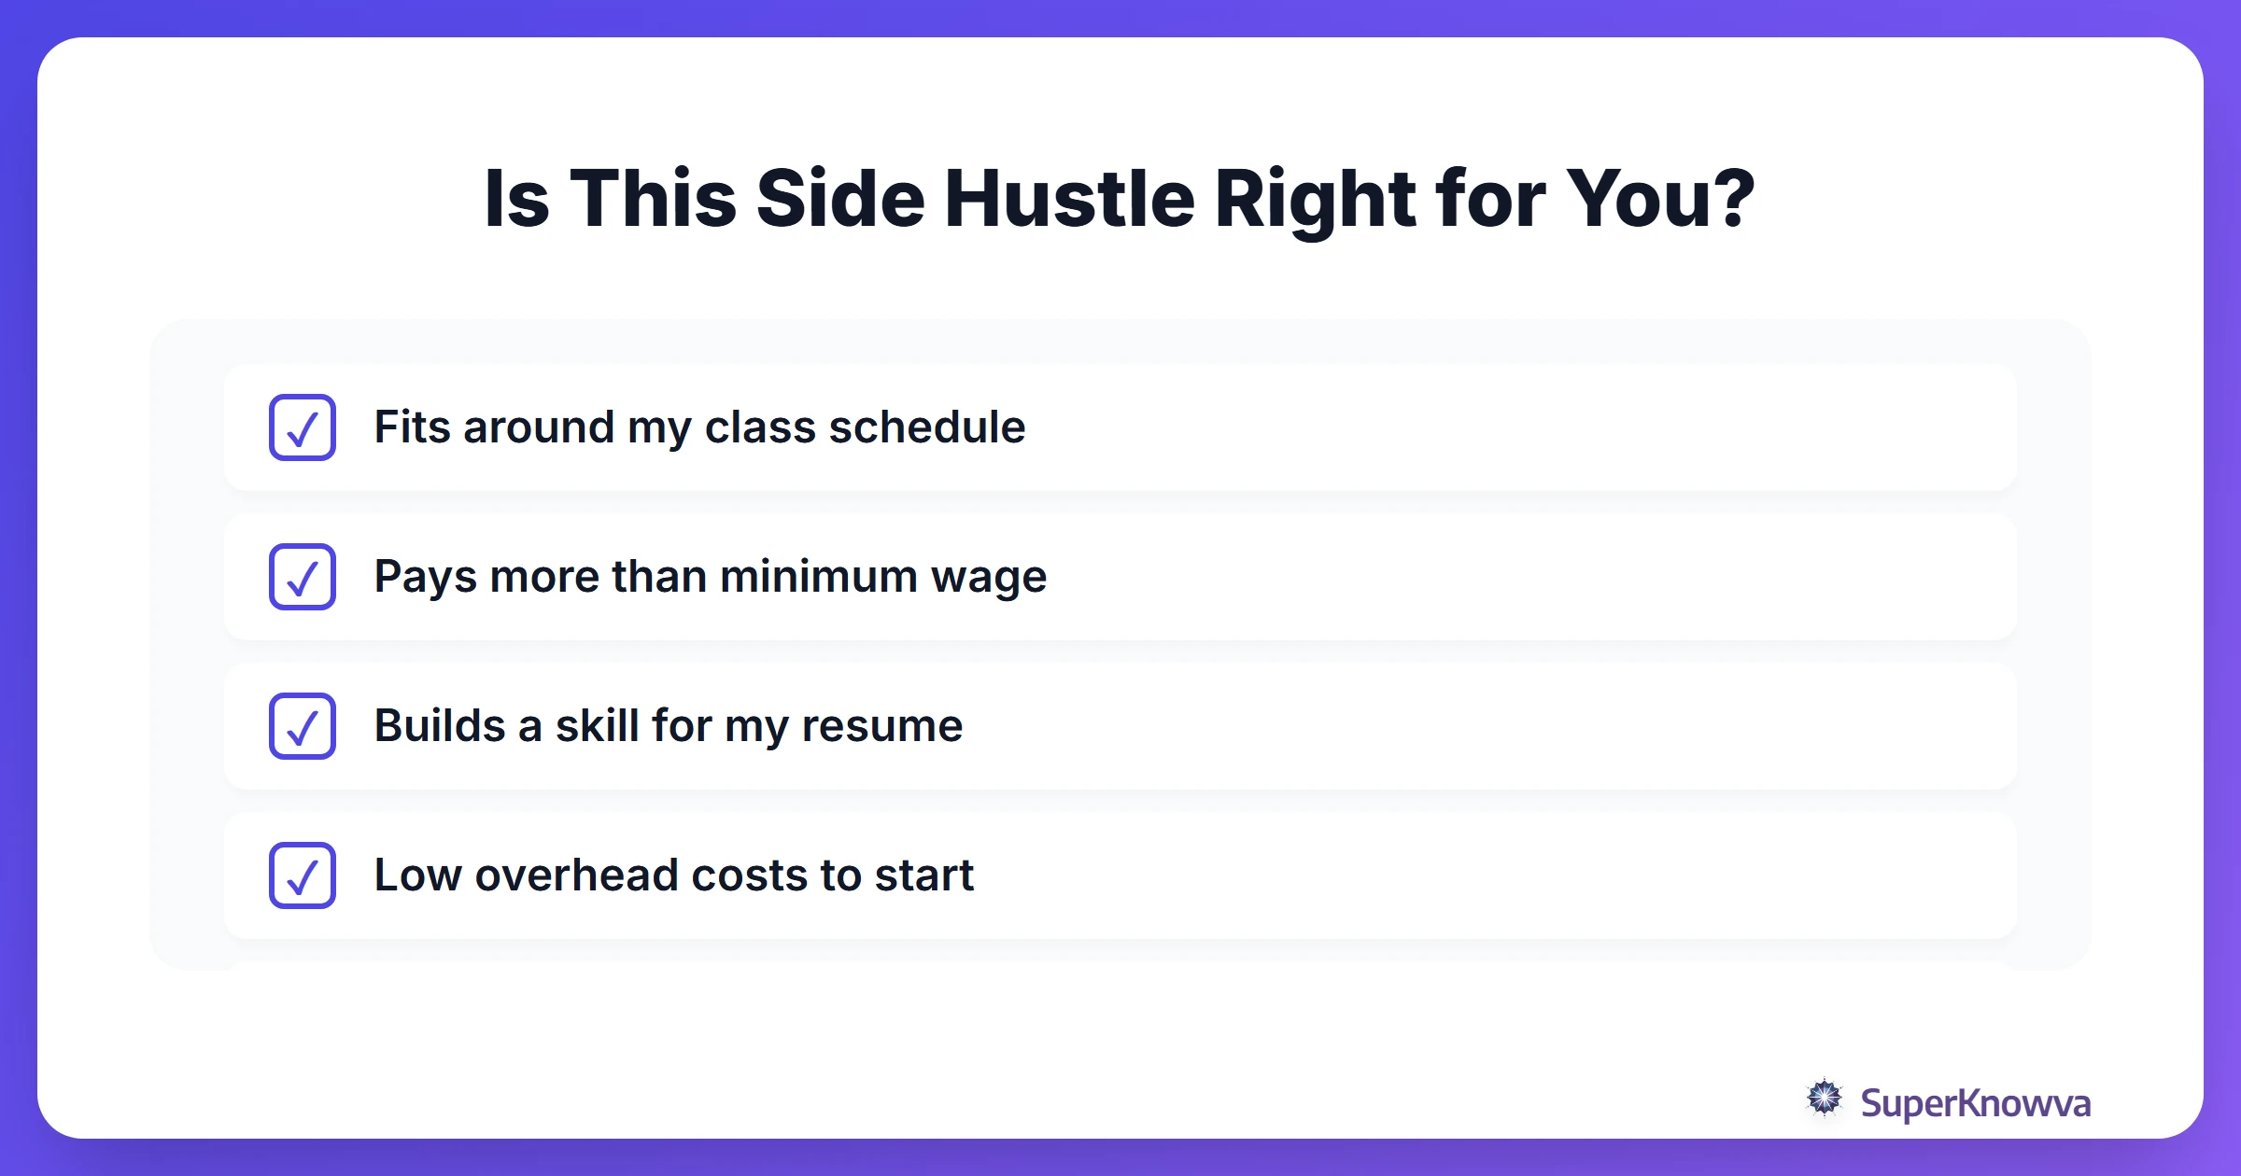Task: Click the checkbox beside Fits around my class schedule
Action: tap(303, 427)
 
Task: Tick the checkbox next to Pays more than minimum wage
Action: tap(303, 577)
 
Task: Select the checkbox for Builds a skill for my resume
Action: tap(303, 726)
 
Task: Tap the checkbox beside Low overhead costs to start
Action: tap(303, 875)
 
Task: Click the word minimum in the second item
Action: tap(819, 577)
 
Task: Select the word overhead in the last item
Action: tap(576, 875)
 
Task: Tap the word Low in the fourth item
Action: tap(417, 875)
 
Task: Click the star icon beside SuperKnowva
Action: tap(1824, 1098)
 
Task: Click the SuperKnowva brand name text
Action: tap(1975, 1103)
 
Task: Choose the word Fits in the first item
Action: tap(413, 427)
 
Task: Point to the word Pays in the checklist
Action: tap(426, 577)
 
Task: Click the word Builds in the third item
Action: tap(439, 726)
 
